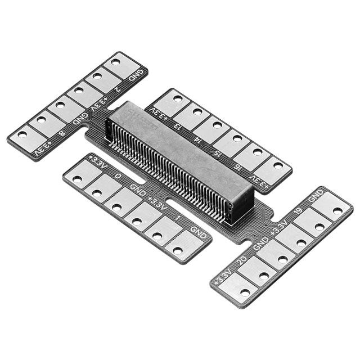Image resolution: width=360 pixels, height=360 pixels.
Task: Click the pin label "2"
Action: [x=117, y=88]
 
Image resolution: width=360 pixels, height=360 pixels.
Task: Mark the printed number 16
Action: [x=237, y=165]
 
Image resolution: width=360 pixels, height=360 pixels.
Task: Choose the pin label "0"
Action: [x=118, y=175]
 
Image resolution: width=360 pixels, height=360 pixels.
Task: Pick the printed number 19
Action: [x=298, y=211]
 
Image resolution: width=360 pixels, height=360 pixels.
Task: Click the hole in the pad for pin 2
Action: [x=97, y=75]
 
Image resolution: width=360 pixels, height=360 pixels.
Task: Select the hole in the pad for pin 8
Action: [x=42, y=120]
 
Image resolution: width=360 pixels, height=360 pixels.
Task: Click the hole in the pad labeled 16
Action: [x=258, y=152]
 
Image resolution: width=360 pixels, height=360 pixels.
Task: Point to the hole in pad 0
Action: [x=97, y=193]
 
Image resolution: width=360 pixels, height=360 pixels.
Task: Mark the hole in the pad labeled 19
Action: [x=319, y=227]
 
